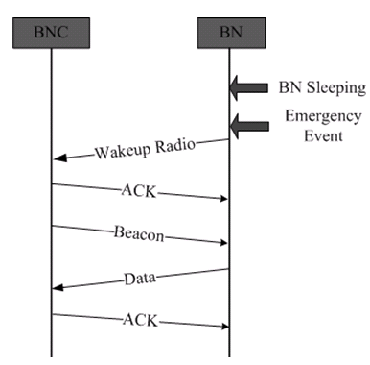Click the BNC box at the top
coord(51,33)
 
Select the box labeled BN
coord(231,33)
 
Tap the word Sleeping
coord(336,88)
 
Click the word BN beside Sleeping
coord(290,87)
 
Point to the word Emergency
coord(323,117)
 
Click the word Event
coord(323,136)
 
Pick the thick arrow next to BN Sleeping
coord(248,88)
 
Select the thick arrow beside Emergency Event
coord(249,126)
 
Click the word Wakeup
coord(123,151)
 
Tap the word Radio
coord(175,145)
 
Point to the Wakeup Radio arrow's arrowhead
coord(59,158)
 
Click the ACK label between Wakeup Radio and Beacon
coord(139,191)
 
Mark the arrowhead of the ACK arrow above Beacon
coord(223,199)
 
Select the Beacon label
coord(139,233)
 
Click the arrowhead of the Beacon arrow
coord(223,243)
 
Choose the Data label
coord(140,279)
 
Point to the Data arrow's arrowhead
coord(58,288)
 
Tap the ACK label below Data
coord(140,320)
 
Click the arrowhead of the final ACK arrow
coord(225,327)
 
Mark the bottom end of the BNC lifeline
coord(51,356)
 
